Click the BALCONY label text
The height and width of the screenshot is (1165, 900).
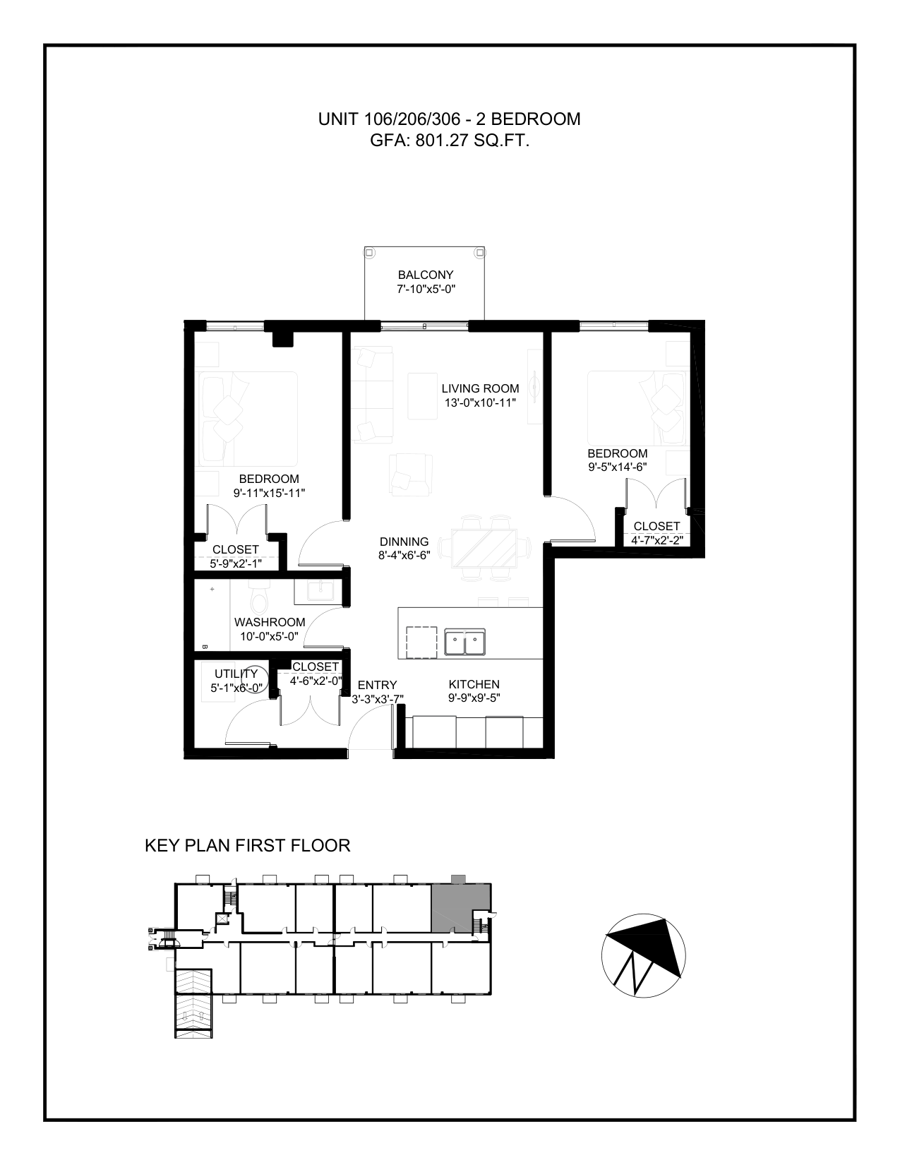coord(426,275)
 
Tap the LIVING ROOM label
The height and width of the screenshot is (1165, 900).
coord(480,388)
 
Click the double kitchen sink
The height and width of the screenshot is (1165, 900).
coord(464,643)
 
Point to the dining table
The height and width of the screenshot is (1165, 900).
coord(484,548)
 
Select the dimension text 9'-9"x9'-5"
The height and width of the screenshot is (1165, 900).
coord(474,698)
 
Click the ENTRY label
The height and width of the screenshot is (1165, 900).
coord(378,685)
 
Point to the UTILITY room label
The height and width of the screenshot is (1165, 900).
coord(236,674)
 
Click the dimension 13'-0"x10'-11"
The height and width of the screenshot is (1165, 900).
coord(480,402)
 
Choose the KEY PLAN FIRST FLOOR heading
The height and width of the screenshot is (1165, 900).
coord(248,845)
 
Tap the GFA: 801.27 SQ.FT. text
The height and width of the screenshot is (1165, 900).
coord(450,141)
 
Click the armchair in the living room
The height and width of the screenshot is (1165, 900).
coord(411,474)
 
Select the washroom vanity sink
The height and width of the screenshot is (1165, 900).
coord(313,592)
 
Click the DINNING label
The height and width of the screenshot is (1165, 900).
coord(404,542)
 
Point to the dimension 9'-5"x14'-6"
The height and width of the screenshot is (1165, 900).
coord(618,467)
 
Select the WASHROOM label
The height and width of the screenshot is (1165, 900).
coord(270,622)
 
